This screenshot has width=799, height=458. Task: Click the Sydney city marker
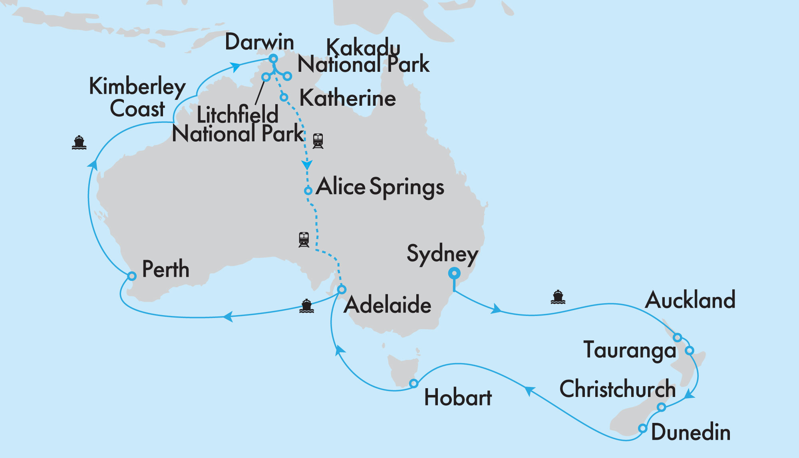click(x=454, y=274)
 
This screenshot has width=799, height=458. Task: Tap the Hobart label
click(x=458, y=398)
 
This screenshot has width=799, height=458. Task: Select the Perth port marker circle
click(x=132, y=276)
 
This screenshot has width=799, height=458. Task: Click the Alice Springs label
click(x=380, y=187)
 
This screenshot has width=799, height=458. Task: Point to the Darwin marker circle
click(x=273, y=59)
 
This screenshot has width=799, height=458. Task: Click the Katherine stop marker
click(x=284, y=97)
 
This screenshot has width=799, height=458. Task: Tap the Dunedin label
click(x=691, y=432)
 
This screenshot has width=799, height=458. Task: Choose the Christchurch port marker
click(x=662, y=407)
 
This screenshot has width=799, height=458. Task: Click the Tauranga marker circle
click(x=690, y=351)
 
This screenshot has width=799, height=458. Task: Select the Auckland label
click(x=690, y=300)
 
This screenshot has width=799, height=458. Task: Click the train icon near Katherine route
click(x=318, y=141)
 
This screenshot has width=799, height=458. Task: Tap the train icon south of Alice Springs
click(x=304, y=239)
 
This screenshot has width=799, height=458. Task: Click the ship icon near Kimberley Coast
click(x=79, y=142)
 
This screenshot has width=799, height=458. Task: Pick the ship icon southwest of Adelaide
click(x=306, y=306)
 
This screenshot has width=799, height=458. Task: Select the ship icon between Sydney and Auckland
click(x=558, y=297)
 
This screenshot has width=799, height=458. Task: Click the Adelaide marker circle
click(x=342, y=289)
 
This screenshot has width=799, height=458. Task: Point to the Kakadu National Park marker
click(x=287, y=76)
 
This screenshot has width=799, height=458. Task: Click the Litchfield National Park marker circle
click(x=266, y=77)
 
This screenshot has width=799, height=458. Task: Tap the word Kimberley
click(x=137, y=87)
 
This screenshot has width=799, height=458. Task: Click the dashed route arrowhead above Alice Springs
click(x=307, y=165)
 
